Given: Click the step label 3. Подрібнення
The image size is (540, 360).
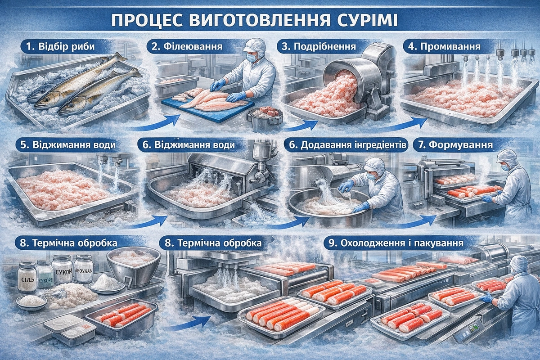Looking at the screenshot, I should tap(319, 46).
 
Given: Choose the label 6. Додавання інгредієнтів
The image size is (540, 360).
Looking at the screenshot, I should tap(347, 145).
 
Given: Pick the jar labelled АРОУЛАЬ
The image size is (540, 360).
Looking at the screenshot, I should tap(83, 269).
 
